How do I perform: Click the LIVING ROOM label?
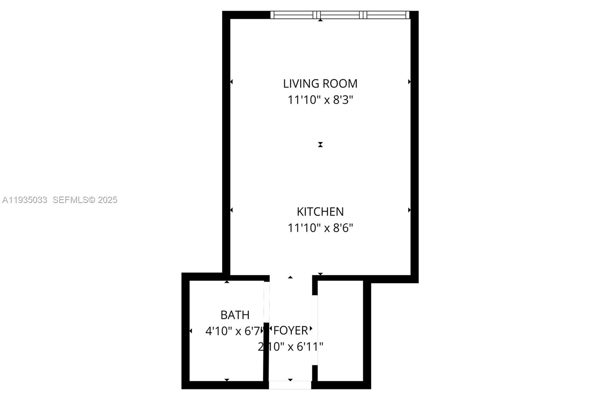[320, 83]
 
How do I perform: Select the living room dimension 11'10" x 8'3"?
[320, 100]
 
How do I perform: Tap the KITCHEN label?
[320, 212]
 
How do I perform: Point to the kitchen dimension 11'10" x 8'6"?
[320, 228]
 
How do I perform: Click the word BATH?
[235, 315]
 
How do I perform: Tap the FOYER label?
[291, 331]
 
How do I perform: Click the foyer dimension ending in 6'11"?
[291, 347]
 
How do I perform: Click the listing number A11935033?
[25, 200]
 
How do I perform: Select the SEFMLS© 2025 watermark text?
[85, 200]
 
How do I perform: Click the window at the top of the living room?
[339, 15]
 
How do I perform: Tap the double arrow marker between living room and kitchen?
[320, 144]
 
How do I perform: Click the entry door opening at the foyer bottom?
[290, 385]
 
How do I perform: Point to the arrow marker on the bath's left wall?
[190, 331]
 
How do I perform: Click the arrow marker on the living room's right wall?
[409, 82]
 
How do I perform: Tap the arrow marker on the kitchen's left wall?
[231, 210]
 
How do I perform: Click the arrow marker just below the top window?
[320, 20]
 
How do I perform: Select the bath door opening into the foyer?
[266, 302]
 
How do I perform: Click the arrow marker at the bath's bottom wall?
[226, 380]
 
